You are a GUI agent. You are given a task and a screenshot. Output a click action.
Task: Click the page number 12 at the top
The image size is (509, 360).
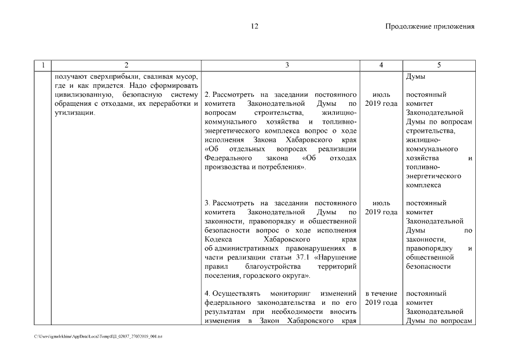(x=254, y=26)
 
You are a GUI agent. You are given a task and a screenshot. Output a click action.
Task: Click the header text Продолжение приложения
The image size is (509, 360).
(x=430, y=26)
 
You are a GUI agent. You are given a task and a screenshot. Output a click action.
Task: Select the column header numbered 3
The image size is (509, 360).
(x=287, y=65)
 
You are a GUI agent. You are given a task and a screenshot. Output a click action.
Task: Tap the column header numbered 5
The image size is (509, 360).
(x=438, y=65)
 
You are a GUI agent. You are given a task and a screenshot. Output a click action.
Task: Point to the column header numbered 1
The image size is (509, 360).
(x=43, y=65)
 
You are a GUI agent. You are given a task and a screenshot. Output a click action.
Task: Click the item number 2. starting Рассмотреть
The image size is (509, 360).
(x=207, y=94)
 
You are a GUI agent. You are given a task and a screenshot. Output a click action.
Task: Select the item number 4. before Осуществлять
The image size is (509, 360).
(x=207, y=294)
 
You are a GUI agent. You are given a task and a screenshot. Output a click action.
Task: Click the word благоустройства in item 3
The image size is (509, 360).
(x=273, y=267)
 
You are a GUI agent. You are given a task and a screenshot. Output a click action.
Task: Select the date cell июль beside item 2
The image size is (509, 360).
(x=381, y=94)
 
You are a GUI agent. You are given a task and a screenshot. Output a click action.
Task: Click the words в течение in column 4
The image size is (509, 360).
(x=381, y=294)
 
